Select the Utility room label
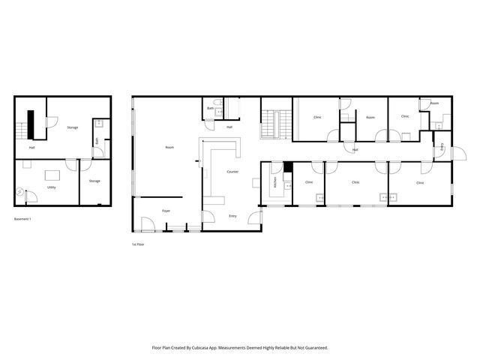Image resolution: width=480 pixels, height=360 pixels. click(x=51, y=187)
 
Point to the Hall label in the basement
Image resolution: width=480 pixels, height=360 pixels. click(x=32, y=147)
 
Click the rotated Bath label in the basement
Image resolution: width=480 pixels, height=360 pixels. click(x=97, y=140)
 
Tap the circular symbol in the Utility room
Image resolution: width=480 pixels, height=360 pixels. click(x=19, y=193)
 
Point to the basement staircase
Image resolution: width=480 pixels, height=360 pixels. click(x=22, y=130)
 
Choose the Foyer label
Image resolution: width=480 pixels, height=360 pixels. click(x=166, y=211)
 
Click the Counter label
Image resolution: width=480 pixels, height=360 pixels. click(x=232, y=172)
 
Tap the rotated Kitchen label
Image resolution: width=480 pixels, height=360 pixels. click(x=275, y=181)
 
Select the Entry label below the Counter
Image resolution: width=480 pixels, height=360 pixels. click(x=232, y=216)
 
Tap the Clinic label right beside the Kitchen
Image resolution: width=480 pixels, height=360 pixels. click(x=309, y=181)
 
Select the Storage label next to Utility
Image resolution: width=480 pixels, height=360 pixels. click(x=94, y=181)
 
